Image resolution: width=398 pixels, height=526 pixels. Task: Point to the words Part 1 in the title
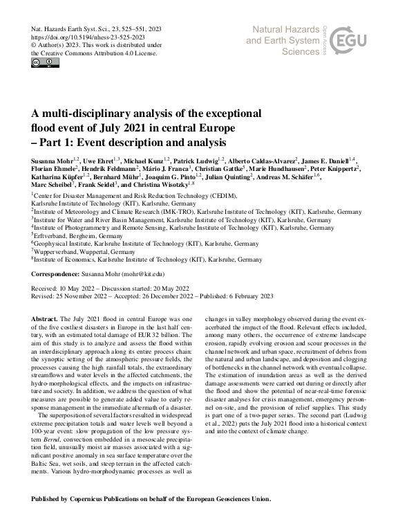57,143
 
